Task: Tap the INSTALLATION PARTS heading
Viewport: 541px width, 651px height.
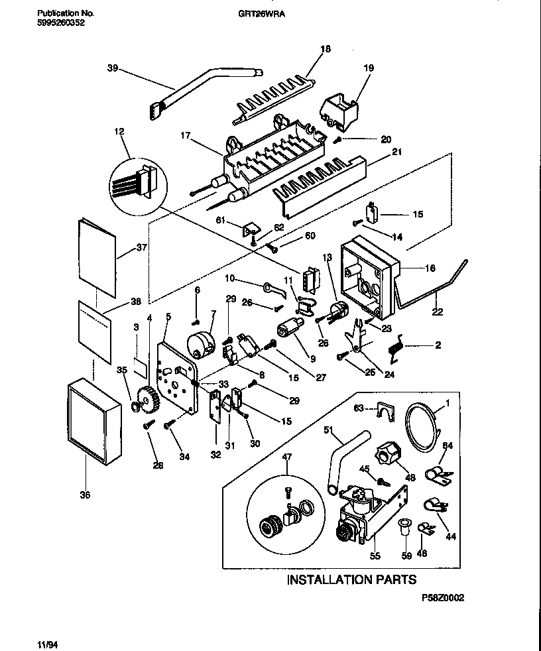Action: [x=351, y=579]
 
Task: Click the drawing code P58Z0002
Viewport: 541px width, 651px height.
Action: [x=442, y=597]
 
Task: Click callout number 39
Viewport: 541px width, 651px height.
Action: [x=112, y=67]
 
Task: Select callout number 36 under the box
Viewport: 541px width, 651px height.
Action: [x=85, y=494]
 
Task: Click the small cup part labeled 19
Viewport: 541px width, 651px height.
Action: [x=339, y=109]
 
